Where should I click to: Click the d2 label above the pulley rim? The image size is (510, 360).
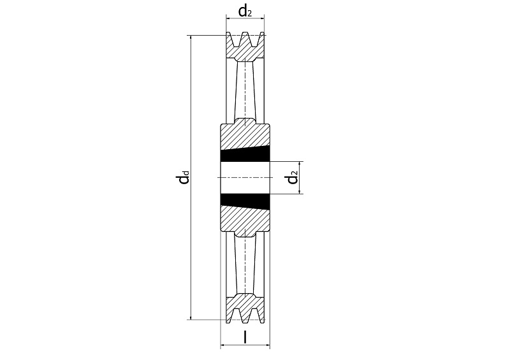pyautogui.click(x=245, y=11)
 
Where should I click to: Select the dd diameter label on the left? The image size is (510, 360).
pyautogui.click(x=183, y=178)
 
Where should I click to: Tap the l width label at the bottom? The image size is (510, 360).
pyautogui.click(x=245, y=337)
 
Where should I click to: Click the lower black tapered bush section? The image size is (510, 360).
pyautogui.click(x=245, y=201)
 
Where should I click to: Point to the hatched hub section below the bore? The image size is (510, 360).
pyautogui.click(x=245, y=221)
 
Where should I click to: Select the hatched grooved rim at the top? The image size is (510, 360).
pyautogui.click(x=245, y=47)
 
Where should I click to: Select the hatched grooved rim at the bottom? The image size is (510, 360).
pyautogui.click(x=245, y=309)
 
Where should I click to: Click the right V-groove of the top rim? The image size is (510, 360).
pyautogui.click(x=254, y=38)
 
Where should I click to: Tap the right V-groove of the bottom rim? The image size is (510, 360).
pyautogui.click(x=254, y=316)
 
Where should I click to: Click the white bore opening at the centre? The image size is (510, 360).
pyautogui.click(x=245, y=178)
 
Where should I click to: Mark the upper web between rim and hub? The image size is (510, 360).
pyautogui.click(x=245, y=90)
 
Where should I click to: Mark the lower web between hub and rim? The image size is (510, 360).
pyautogui.click(x=245, y=266)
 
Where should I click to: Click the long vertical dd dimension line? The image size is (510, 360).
pyautogui.click(x=191, y=178)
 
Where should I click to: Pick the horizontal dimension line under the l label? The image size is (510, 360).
pyautogui.click(x=245, y=345)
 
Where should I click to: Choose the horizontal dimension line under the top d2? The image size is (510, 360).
pyautogui.click(x=245, y=18)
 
